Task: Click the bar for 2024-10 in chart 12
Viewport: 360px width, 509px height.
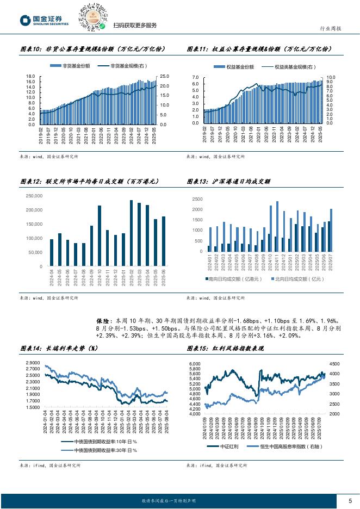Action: [100, 235]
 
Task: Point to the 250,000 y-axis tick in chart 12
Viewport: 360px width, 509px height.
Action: [34, 196]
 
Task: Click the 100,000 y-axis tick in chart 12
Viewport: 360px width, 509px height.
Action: [34, 238]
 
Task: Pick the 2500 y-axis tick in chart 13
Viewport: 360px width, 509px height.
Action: [197, 200]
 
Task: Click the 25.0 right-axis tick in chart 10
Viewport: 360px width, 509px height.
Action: [164, 77]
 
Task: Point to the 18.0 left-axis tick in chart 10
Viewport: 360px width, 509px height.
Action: [30, 77]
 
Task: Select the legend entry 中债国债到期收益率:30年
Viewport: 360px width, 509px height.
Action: [97, 451]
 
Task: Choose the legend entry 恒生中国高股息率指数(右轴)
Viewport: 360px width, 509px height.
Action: [285, 446]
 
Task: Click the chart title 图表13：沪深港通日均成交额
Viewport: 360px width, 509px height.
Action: [228, 182]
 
